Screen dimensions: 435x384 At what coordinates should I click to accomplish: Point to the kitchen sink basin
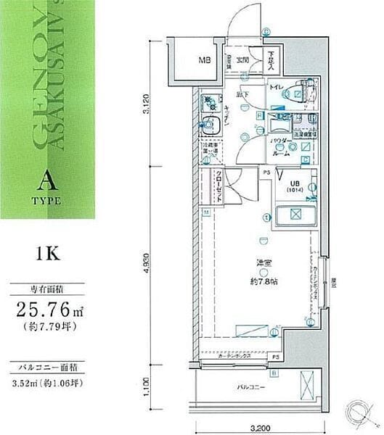pos(212,125)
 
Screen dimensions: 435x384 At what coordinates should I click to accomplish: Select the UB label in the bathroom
pos(295,183)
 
